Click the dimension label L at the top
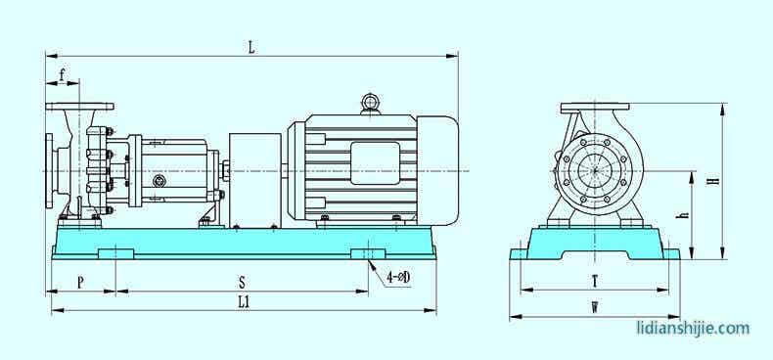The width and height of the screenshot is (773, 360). (x=251, y=47)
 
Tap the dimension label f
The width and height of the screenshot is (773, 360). (x=62, y=75)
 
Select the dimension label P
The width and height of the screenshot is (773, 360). (x=81, y=283)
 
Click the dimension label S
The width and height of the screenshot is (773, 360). (x=242, y=283)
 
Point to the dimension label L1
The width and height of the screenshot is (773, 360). (x=244, y=302)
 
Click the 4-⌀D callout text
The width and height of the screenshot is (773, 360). (x=398, y=278)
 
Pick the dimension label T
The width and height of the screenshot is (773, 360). (x=595, y=281)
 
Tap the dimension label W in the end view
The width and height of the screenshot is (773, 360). (x=596, y=308)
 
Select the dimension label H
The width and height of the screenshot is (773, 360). (x=713, y=181)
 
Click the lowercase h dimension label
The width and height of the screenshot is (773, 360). (x=685, y=215)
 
